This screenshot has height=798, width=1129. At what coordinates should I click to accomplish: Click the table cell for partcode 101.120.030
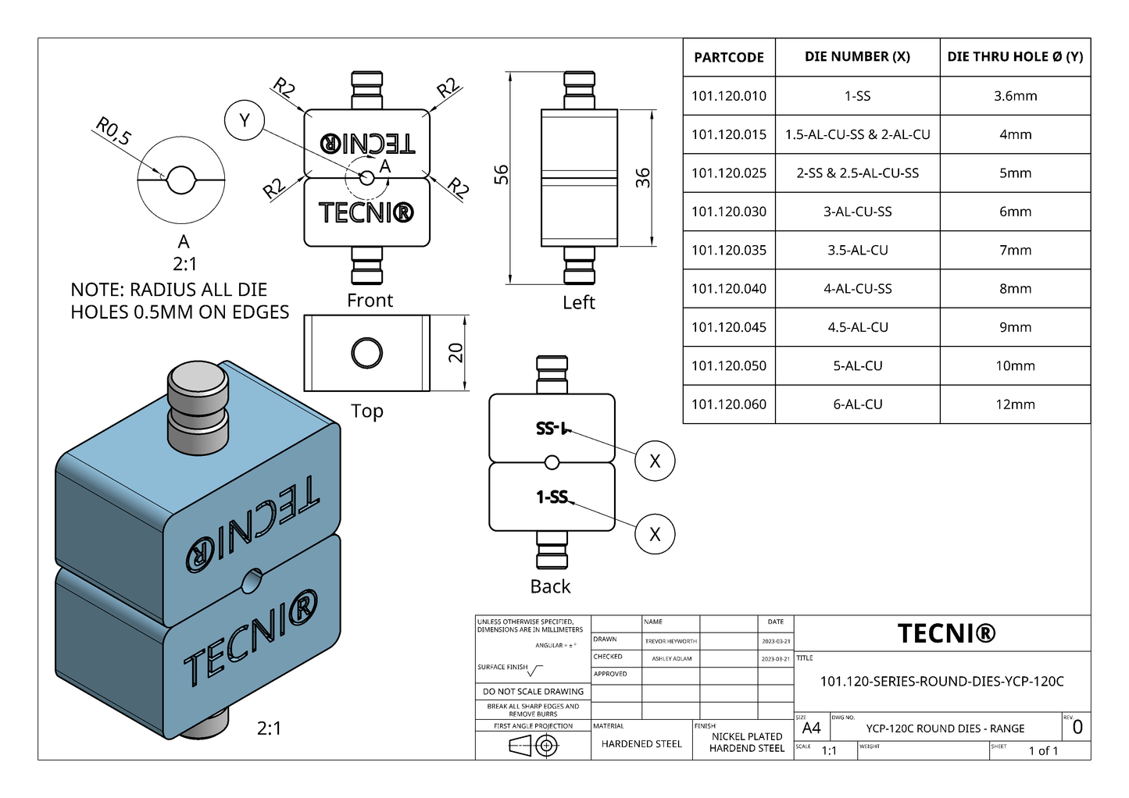(x=728, y=212)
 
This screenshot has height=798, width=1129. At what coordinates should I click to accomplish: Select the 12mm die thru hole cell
(x=1015, y=404)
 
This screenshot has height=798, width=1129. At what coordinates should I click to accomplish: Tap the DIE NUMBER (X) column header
(x=857, y=57)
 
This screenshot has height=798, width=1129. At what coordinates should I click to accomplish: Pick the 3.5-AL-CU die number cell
(x=857, y=250)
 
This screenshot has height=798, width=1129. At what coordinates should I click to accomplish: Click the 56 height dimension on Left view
(x=502, y=174)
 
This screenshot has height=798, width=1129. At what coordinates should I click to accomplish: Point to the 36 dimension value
(x=642, y=177)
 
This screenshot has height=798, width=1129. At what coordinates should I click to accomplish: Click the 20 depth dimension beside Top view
(x=456, y=353)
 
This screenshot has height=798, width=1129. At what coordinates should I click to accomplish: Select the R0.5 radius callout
(x=113, y=131)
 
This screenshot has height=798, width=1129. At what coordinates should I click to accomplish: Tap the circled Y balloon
(x=245, y=120)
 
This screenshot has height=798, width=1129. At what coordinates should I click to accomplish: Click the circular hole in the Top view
(x=366, y=353)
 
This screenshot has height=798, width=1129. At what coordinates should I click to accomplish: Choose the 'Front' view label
(x=370, y=301)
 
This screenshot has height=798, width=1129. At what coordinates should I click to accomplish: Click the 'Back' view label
(x=550, y=586)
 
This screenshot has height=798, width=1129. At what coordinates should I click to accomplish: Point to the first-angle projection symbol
(x=534, y=746)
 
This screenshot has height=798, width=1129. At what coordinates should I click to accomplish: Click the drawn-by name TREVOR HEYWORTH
(x=670, y=641)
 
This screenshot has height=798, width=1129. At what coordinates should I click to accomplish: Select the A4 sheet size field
(x=811, y=729)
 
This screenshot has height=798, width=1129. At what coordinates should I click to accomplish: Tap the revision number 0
(x=1077, y=728)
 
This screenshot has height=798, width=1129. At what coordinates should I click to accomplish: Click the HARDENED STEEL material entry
(x=641, y=744)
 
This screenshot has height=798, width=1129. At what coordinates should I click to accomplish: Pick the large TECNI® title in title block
(x=946, y=633)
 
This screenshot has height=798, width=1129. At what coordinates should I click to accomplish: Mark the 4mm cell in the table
(x=1015, y=134)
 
